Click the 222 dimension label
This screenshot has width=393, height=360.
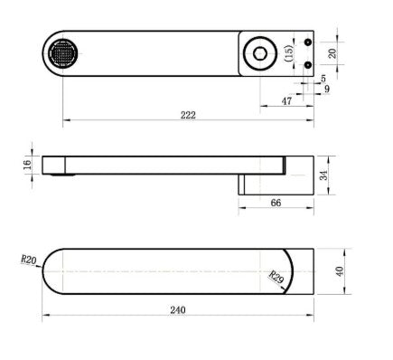188,115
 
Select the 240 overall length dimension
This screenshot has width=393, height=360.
178,310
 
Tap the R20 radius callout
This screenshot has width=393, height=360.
29,260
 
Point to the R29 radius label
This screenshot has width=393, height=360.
276,278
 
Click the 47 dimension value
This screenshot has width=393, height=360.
286,101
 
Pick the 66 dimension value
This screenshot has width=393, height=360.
276,203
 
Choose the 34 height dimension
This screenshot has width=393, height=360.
323,175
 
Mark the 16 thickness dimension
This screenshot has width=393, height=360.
27,165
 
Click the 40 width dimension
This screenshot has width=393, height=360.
340,271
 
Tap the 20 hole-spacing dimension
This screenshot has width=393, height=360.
332,53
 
